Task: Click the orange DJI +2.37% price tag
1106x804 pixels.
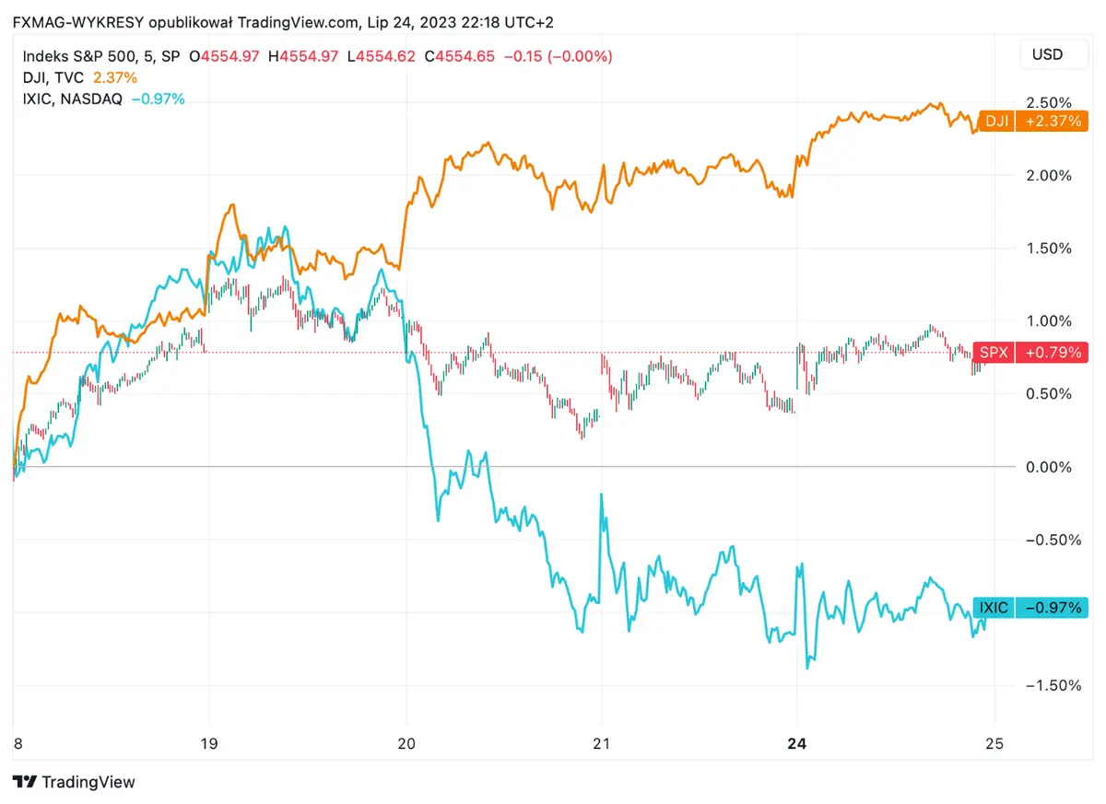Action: [1032, 121]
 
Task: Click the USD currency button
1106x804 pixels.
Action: [1047, 54]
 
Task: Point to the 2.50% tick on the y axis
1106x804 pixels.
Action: [1048, 102]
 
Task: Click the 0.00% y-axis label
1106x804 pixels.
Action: [1048, 467]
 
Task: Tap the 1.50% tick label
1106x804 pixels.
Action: [1048, 248]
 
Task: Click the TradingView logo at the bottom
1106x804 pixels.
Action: [75, 782]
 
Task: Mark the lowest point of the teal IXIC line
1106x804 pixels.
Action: [808, 667]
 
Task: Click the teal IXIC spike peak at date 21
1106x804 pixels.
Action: [602, 495]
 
